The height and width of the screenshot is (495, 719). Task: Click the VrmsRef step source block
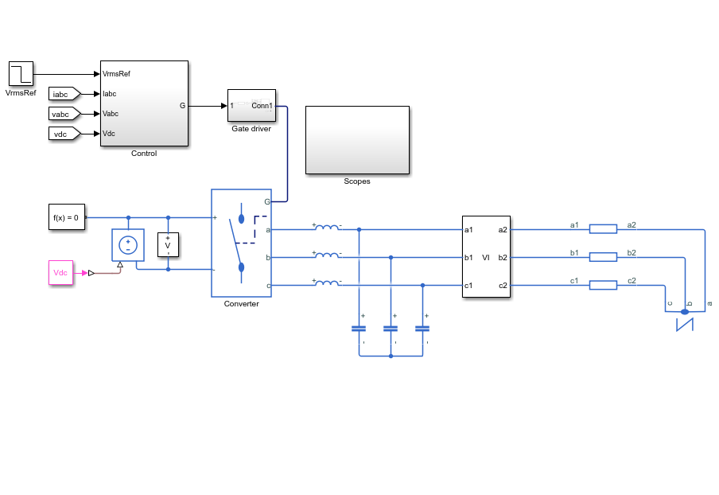pyautogui.click(x=21, y=73)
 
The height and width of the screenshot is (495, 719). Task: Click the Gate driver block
pyautogui.click(x=252, y=106)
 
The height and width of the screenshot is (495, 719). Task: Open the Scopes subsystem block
pyautogui.click(x=358, y=140)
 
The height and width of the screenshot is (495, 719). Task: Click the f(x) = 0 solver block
pyautogui.click(x=67, y=217)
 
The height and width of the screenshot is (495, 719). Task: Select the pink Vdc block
pyautogui.click(x=61, y=272)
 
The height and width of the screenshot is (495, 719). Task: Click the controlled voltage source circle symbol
pyautogui.click(x=128, y=245)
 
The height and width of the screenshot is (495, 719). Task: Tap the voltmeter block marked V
pyautogui.click(x=168, y=245)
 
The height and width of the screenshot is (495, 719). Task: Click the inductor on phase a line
pyautogui.click(x=327, y=227)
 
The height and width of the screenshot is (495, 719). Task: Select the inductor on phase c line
pyautogui.click(x=327, y=283)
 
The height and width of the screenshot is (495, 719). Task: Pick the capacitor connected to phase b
pyautogui.click(x=391, y=329)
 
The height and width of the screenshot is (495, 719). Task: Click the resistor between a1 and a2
pyautogui.click(x=603, y=229)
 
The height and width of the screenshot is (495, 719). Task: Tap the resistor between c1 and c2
pyautogui.click(x=603, y=286)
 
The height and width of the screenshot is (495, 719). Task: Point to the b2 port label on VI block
pyautogui.click(x=503, y=258)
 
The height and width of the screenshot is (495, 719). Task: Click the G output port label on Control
pyautogui.click(x=182, y=106)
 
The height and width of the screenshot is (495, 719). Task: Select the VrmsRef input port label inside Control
pyautogui.click(x=116, y=74)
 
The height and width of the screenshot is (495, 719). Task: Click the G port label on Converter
pyautogui.click(x=267, y=201)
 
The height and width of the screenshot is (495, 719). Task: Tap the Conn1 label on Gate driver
pyautogui.click(x=262, y=106)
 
